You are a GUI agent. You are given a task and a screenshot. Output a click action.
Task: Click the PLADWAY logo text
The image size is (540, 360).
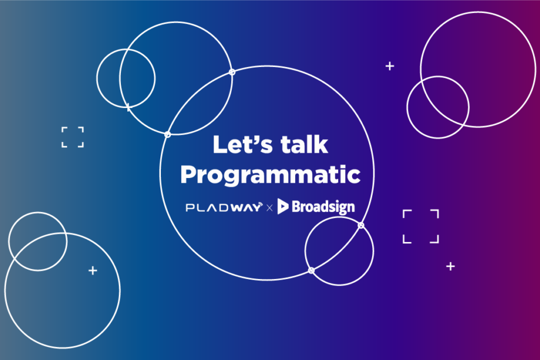coord(224,207)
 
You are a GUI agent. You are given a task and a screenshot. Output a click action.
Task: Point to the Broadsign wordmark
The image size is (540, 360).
coord(323,207)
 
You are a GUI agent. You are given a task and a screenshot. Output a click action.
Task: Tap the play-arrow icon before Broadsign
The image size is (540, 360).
coord(283,206)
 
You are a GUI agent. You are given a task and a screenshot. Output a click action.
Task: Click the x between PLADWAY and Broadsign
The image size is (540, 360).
coord(269,208)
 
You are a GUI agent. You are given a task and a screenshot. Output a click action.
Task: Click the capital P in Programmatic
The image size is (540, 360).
coord(188,174)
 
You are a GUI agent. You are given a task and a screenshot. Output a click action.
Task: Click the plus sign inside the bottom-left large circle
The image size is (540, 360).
coord(93,270)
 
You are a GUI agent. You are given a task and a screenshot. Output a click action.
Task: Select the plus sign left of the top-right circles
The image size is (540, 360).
coord(390,66)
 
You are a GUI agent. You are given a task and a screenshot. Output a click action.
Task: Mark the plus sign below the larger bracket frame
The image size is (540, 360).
coord(450,266)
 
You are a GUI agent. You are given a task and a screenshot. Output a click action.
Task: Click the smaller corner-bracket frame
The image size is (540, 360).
coord(62,137)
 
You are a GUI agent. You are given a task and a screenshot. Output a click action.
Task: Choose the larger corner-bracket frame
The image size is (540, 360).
coord(403,226)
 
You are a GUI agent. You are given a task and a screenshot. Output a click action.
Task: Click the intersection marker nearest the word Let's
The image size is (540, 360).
coord(167,134)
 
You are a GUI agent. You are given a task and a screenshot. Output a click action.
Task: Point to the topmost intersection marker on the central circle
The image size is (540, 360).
coord(232,72)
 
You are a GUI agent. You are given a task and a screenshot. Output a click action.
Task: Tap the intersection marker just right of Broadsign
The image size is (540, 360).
coord(360,226)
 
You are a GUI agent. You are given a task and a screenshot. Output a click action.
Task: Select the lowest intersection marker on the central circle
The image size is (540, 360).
coord(311,270)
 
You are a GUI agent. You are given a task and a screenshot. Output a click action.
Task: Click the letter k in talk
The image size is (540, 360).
coord(321,144)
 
